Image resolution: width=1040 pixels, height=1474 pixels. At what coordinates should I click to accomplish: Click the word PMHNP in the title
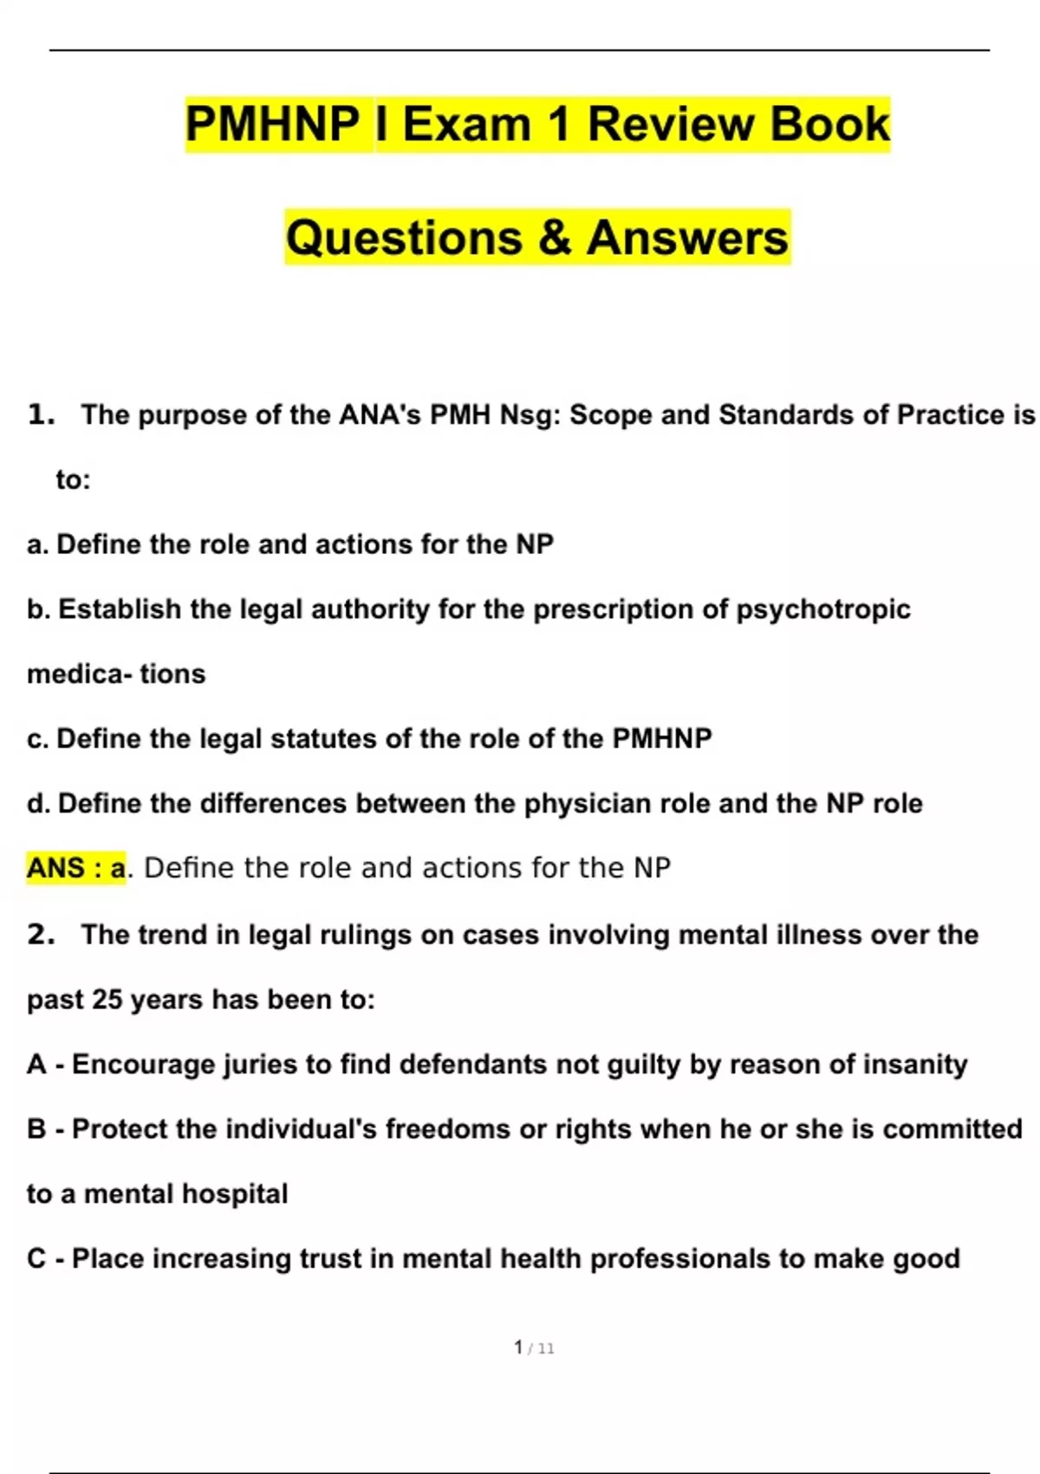click(x=273, y=124)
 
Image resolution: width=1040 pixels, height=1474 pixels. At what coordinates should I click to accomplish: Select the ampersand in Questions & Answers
click(x=554, y=238)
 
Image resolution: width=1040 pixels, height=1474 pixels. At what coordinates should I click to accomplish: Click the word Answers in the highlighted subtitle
click(x=687, y=238)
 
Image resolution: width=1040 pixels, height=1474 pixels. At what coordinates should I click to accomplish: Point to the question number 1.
click(x=41, y=414)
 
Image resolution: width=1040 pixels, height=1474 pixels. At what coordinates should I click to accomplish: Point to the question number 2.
click(x=41, y=934)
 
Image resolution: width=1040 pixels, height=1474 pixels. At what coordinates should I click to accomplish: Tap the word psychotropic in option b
click(x=823, y=610)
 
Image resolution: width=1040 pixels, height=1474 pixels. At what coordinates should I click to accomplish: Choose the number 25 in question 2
click(x=107, y=1000)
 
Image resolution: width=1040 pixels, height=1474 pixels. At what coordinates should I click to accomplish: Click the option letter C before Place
click(x=36, y=1259)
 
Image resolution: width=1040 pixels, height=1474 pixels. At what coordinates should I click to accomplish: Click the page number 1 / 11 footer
click(x=534, y=1347)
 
